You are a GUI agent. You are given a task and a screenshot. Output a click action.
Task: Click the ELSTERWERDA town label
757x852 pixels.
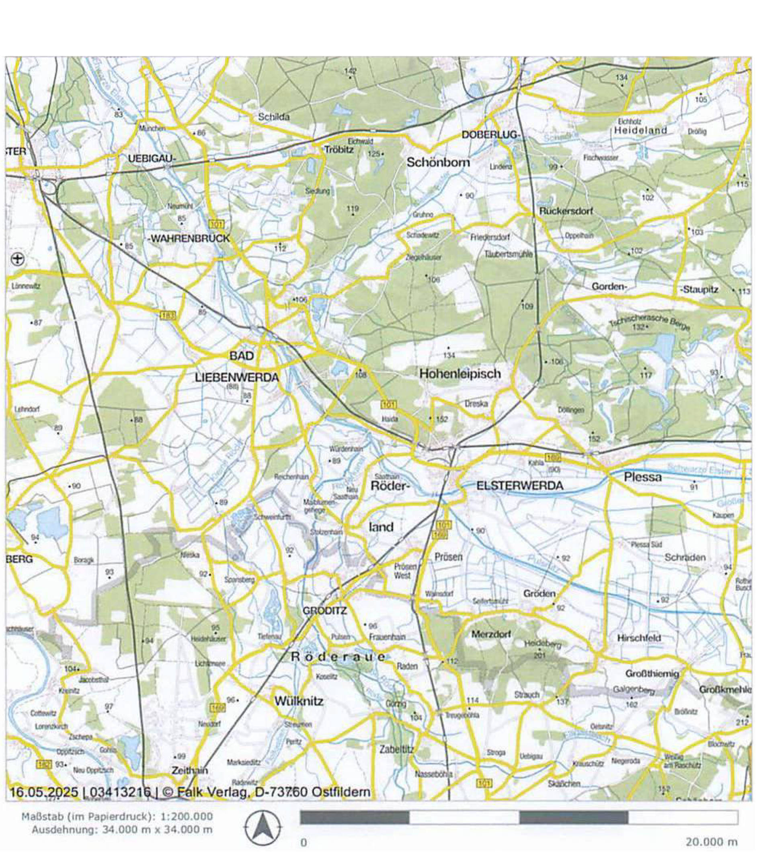pos(519,486)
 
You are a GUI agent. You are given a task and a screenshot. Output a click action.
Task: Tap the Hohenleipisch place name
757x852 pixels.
pos(460,374)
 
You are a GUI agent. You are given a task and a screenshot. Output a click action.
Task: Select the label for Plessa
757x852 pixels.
pos(642,477)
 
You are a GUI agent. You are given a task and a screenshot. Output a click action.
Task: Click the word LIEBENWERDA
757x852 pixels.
pos(237,378)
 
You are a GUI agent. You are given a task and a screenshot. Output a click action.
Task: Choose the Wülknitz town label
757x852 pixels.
pos(299,701)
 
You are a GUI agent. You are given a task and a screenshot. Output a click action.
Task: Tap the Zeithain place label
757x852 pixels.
pos(190,770)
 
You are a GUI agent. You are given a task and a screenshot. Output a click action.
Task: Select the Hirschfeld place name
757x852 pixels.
pos(639,638)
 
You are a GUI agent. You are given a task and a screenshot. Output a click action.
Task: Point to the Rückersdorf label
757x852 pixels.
pos(566,211)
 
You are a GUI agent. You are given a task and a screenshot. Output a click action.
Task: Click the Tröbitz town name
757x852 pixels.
pos(339,150)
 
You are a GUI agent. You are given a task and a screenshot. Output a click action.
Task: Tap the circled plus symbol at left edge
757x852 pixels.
pos(18,259)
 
